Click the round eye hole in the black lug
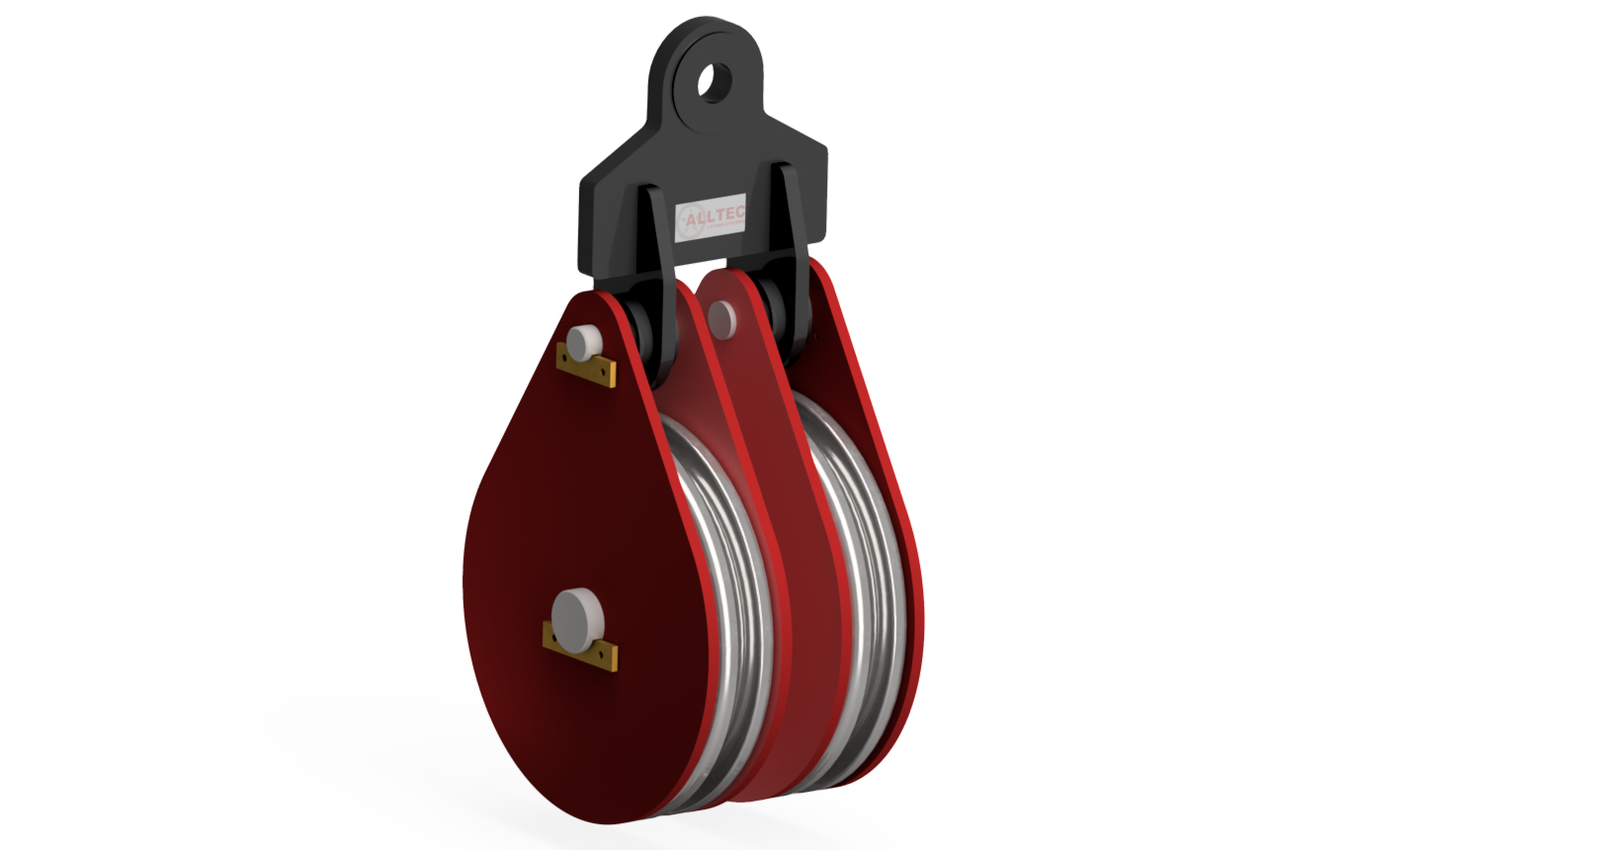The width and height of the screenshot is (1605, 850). coord(714,80)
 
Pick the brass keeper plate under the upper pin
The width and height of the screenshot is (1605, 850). coord(586,367)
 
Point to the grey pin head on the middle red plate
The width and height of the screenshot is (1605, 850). coord(722,317)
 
